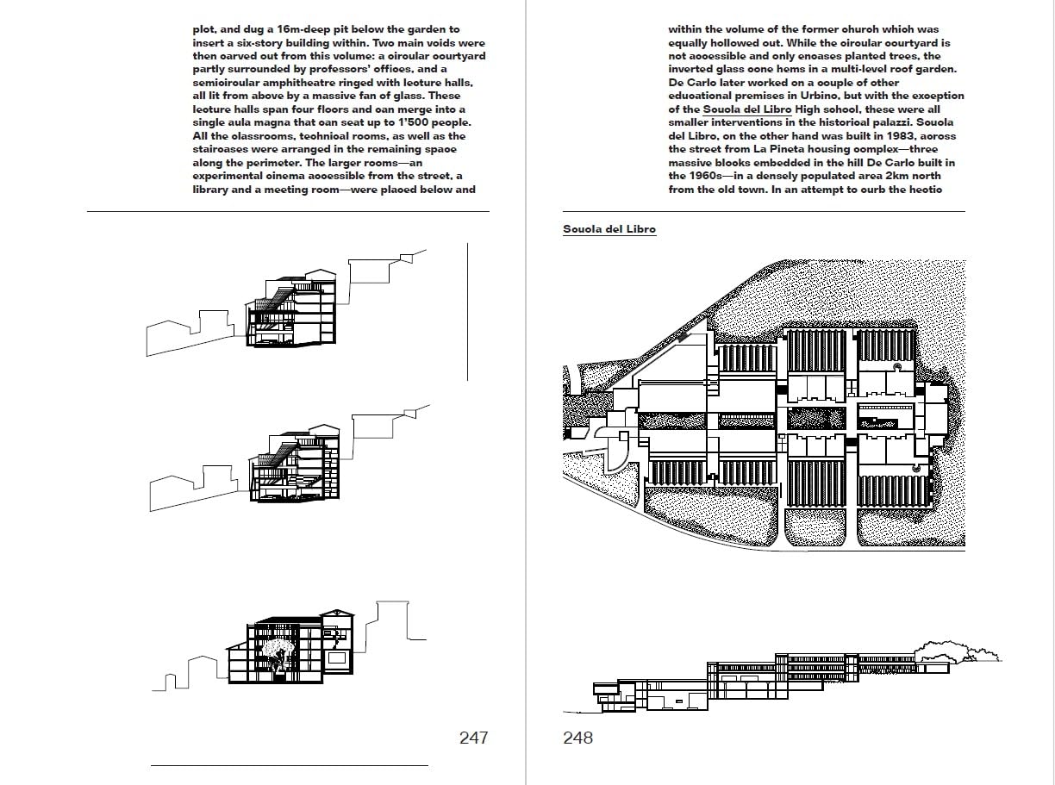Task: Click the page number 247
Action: click(x=473, y=738)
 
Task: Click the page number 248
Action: click(x=577, y=738)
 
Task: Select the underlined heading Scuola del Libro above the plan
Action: click(x=609, y=229)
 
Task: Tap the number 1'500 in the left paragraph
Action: click(x=414, y=122)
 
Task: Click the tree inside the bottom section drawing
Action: click(x=277, y=655)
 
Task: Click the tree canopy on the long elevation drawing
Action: click(x=956, y=651)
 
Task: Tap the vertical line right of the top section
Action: click(x=467, y=312)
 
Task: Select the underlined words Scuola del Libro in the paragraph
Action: click(x=747, y=109)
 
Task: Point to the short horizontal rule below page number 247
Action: click(x=290, y=766)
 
